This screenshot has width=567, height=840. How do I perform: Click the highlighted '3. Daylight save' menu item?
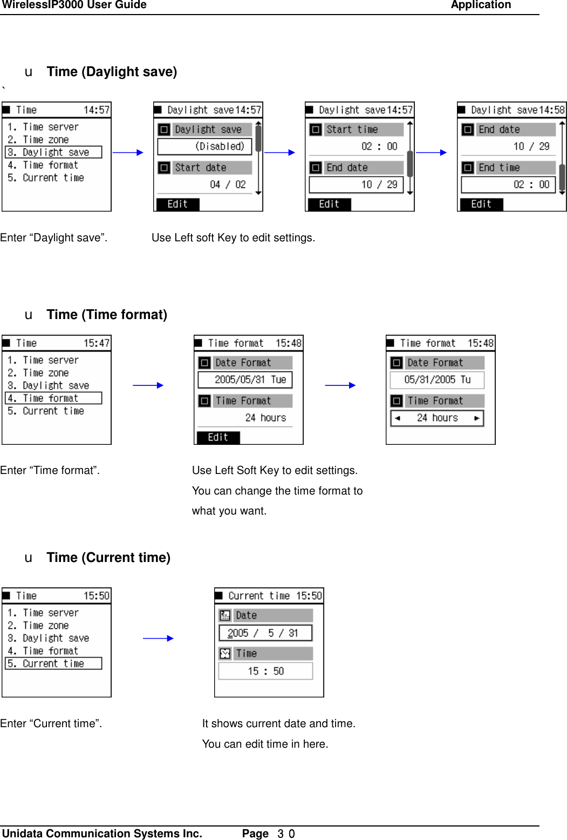click(x=53, y=152)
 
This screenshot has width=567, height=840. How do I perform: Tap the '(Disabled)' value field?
click(x=204, y=146)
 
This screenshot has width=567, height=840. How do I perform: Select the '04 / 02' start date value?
click(x=227, y=185)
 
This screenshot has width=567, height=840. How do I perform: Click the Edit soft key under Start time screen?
click(x=329, y=204)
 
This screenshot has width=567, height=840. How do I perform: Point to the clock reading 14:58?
click(x=552, y=110)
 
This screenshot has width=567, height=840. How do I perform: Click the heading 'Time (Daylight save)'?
click(x=112, y=72)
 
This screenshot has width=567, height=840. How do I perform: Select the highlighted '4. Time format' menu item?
click(x=53, y=398)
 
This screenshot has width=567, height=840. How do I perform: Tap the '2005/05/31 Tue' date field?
click(x=245, y=380)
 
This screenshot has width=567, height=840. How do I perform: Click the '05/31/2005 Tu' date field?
click(x=437, y=380)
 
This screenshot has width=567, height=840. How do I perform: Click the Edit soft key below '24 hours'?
click(x=218, y=437)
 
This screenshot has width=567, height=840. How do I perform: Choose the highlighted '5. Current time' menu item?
click(x=53, y=663)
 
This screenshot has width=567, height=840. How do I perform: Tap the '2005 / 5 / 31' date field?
click(x=265, y=633)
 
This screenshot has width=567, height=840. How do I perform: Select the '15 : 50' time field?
click(x=265, y=671)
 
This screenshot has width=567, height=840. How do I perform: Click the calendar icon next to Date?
click(x=225, y=615)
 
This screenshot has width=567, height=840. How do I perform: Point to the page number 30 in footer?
click(x=286, y=834)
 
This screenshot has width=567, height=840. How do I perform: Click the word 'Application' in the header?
click(x=481, y=5)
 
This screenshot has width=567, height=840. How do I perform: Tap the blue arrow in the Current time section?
click(x=158, y=638)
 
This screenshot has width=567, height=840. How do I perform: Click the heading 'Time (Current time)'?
click(x=108, y=558)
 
